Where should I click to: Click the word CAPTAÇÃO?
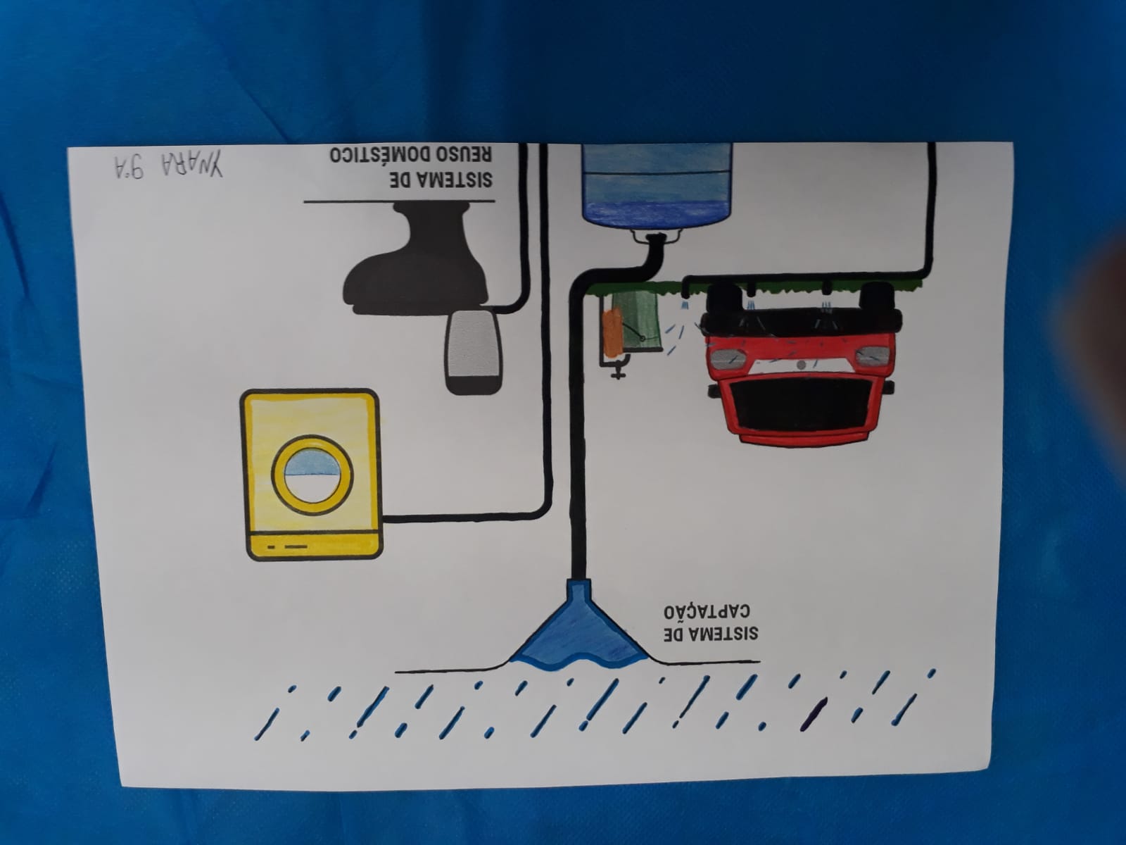click(x=707, y=611)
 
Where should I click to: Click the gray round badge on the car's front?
click(x=802, y=365)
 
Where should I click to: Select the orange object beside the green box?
click(x=612, y=334)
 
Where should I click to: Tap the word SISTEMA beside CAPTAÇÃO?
click(x=711, y=634)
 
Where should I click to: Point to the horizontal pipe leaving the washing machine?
click(x=464, y=518)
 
